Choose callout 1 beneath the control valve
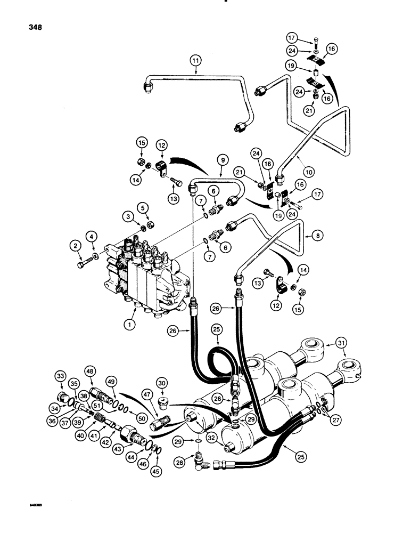point(129,322)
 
